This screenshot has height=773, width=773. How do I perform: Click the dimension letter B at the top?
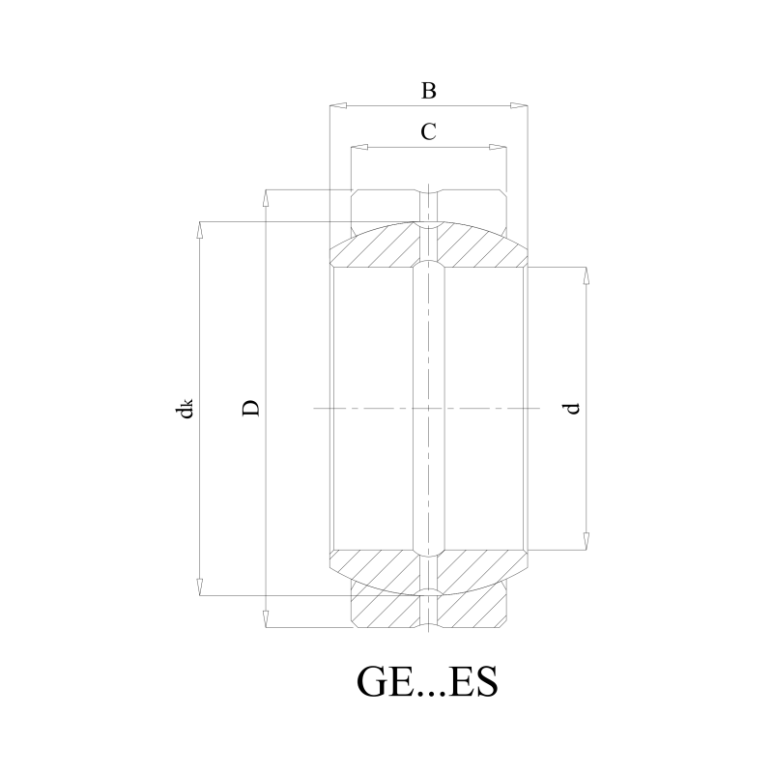[428, 91]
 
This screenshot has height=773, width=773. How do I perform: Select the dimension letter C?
[428, 131]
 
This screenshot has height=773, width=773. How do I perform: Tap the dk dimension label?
[186, 408]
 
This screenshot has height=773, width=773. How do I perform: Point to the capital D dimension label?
[251, 408]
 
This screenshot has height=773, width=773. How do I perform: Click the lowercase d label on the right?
[571, 409]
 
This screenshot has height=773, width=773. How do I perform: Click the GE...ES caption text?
[427, 682]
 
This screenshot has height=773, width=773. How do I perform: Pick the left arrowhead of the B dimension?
[338, 105]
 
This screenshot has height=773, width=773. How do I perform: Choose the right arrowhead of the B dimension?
[519, 105]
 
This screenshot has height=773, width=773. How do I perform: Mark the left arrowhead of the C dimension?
[359, 147]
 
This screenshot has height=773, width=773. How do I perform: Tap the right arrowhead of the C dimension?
[498, 147]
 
